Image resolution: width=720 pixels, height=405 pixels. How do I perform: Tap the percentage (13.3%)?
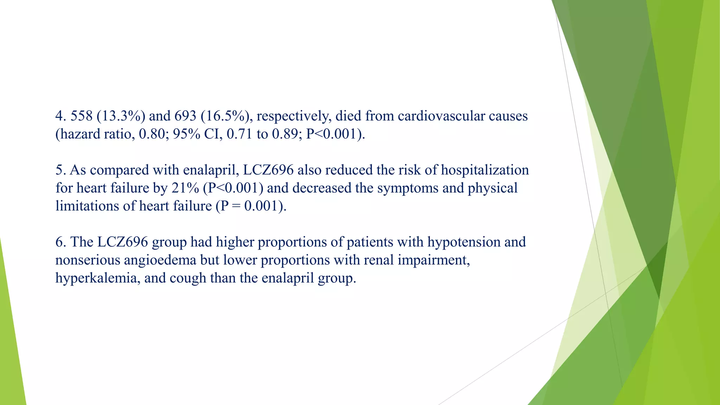121,116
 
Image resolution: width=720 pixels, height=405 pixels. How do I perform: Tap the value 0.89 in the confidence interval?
285,134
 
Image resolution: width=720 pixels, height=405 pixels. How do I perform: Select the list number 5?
60,170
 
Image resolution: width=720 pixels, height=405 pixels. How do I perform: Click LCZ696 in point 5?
268,170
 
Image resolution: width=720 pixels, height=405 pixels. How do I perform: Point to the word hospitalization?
485,170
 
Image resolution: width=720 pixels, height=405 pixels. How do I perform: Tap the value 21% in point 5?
185,188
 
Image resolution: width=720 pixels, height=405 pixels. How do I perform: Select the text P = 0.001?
249,206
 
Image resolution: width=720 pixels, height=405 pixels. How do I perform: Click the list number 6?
60,242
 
